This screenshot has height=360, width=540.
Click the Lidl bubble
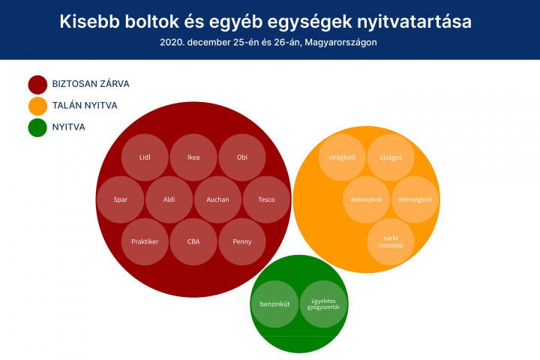tap(145, 157)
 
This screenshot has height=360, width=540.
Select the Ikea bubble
tap(193, 157)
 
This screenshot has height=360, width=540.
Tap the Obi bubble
tap(242, 157)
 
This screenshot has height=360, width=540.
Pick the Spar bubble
tap(121, 199)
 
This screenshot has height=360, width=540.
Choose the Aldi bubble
tap(169, 199)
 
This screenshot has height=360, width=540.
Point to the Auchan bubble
tap(217, 199)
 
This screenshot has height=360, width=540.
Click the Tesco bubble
tap(266, 199)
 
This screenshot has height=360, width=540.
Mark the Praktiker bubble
tap(145, 241)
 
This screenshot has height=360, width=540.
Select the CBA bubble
tap(193, 241)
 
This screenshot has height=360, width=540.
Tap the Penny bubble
tap(242, 241)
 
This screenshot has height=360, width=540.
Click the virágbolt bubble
tap(342, 157)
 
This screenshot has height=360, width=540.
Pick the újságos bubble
tap(391, 157)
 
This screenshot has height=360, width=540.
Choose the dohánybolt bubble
tap(367, 199)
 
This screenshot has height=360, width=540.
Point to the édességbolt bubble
tap(415, 199)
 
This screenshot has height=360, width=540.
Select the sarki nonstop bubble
tap(391, 241)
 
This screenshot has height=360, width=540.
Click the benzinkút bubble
tap(274, 304)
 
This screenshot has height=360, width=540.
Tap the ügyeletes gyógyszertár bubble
tap(323, 304)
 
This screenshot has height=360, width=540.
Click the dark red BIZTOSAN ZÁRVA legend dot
tap(37, 85)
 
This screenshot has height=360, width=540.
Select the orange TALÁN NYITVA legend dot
tap(37, 106)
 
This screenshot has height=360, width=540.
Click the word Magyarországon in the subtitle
tap(340, 42)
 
